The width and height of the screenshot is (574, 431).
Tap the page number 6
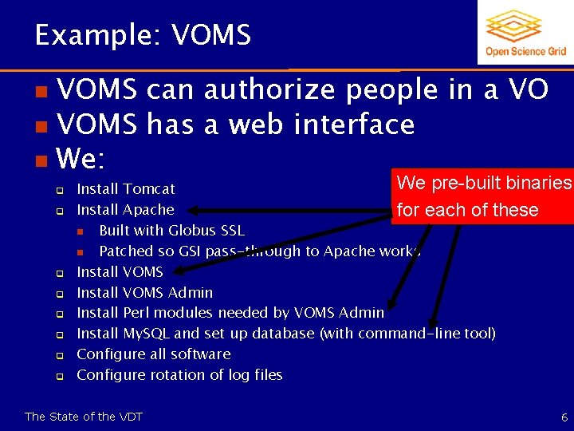tap(564, 417)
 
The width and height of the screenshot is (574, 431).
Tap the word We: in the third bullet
tap(81, 159)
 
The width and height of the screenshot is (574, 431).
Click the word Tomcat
tap(149, 189)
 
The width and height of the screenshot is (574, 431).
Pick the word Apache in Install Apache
tap(148, 210)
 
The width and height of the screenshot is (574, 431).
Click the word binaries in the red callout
tap(533, 183)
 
